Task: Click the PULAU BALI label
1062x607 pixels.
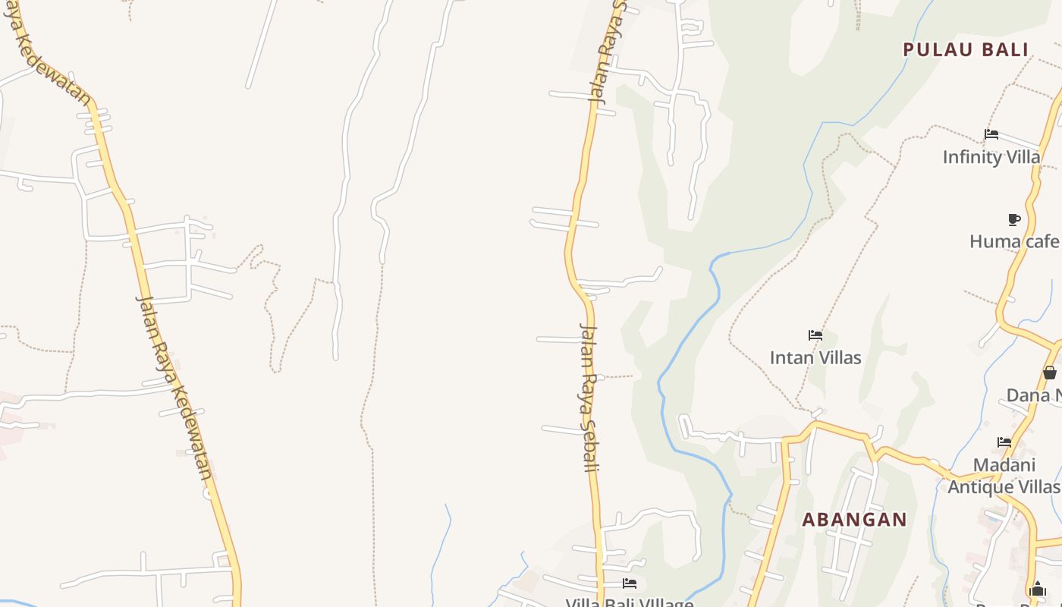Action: [x=965, y=50]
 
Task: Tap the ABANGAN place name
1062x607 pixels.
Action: [x=854, y=520]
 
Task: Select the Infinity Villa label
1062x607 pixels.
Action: [x=991, y=157]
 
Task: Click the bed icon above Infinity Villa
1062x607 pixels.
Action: [x=991, y=134]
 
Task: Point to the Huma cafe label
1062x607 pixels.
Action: [x=1013, y=241]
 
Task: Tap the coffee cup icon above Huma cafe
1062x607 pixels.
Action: [x=1013, y=219]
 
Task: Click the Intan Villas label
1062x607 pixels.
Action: [x=815, y=357]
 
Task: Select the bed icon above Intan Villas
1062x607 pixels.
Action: [x=815, y=335]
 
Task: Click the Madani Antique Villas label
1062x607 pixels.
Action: [x=1004, y=476]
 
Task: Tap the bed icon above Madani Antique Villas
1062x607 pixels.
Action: [x=1004, y=442]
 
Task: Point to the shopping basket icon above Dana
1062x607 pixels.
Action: [x=1049, y=373]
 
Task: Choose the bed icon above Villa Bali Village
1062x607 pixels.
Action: [x=629, y=583]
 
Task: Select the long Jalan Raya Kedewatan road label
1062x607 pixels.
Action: [x=174, y=387]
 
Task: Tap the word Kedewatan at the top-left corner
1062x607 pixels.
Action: [x=50, y=64]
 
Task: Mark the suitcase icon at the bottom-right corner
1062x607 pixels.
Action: [x=1038, y=589]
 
